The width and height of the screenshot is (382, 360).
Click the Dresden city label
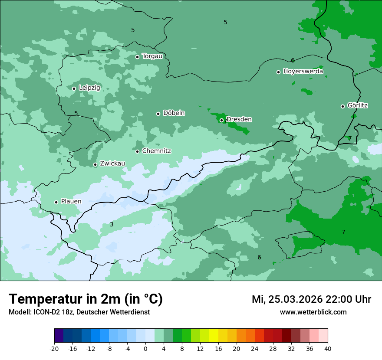coord(239,119)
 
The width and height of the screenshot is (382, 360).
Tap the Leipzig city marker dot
coord(74,88)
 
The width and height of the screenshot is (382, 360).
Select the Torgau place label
coord(152,56)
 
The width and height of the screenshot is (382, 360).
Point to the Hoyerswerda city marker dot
coord(278,72)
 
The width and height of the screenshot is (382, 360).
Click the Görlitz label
coord(358,105)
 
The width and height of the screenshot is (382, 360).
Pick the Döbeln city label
coord(174,113)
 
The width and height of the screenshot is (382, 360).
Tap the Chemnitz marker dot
coord(137,151)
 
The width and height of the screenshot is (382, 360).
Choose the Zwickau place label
coord(112,164)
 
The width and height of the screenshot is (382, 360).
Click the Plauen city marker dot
coord(56,202)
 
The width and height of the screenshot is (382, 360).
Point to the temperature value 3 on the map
coord(112,224)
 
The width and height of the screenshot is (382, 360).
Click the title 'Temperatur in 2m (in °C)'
coord(86,299)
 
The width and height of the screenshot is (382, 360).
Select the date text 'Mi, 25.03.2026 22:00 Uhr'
coord(311,299)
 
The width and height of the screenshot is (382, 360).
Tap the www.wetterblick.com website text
coord(313,312)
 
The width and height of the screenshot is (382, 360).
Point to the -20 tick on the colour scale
coord(54,349)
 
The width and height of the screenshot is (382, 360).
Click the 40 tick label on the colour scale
coord(327,349)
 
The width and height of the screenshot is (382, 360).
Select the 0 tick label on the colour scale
coord(145,349)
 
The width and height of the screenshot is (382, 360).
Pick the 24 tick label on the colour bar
coord(255,349)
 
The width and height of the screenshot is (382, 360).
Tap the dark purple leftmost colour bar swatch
coord(59,336)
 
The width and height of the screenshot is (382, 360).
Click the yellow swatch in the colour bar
coord(214,336)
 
